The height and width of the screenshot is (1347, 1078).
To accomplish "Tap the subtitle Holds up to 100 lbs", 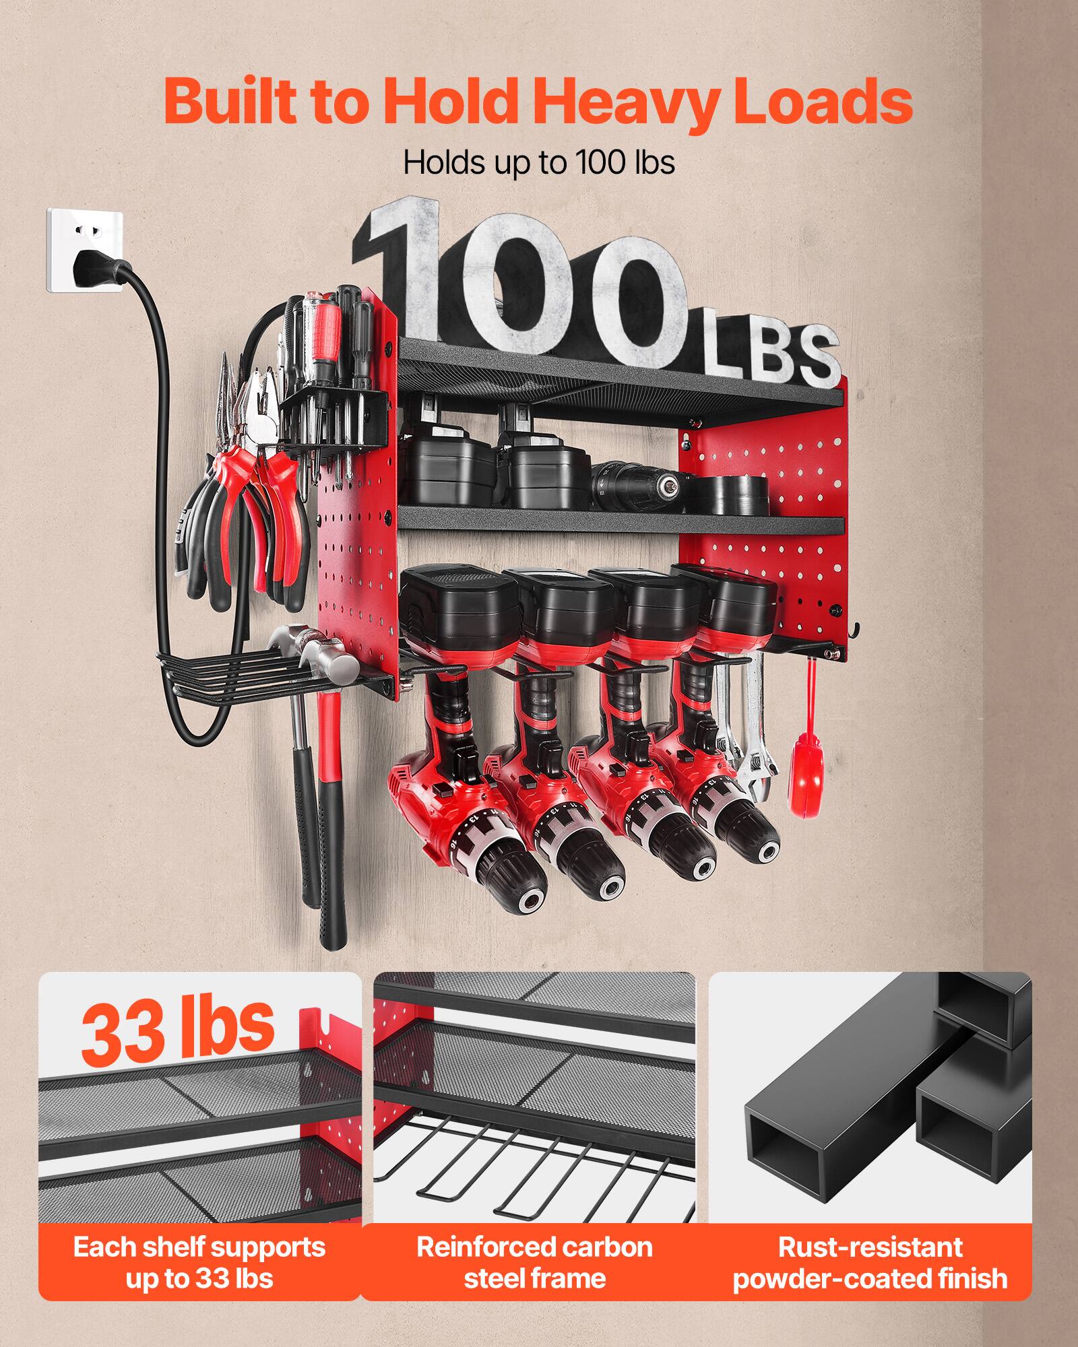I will [x=539, y=163].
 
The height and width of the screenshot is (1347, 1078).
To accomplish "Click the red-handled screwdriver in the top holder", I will [x=323, y=337].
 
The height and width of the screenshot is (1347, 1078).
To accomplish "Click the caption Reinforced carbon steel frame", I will [x=534, y=1262].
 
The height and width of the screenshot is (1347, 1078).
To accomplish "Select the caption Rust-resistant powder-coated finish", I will [x=869, y=1262].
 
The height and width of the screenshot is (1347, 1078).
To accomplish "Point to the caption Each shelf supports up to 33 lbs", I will [x=199, y=1262].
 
